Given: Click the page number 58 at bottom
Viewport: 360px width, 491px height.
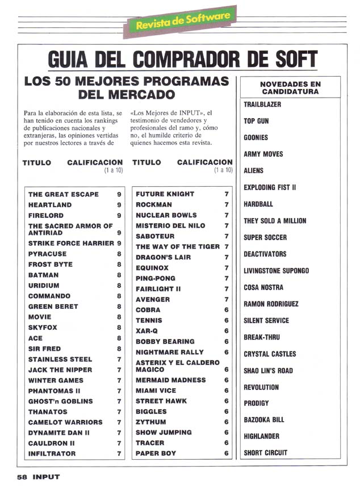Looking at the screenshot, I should pyautogui.click(x=22, y=477).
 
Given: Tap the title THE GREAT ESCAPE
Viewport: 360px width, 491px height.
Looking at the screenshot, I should pyautogui.click(x=63, y=194).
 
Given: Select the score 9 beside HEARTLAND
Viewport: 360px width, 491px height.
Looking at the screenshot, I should pyautogui.click(x=119, y=205).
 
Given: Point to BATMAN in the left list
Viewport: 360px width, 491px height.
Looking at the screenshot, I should pyautogui.click(x=43, y=275).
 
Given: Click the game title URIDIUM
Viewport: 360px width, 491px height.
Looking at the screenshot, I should pyautogui.click(x=44, y=286).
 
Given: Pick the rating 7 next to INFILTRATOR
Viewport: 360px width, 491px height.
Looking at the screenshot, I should pyautogui.click(x=119, y=454).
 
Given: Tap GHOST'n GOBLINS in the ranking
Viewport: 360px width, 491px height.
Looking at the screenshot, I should pyautogui.click(x=60, y=401).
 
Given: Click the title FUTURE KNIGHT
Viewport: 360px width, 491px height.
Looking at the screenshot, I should pyautogui.click(x=165, y=194).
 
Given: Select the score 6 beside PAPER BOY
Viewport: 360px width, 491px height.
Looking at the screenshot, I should pyautogui.click(x=226, y=454).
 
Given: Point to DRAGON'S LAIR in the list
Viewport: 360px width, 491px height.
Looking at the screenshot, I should pyautogui.click(x=164, y=257).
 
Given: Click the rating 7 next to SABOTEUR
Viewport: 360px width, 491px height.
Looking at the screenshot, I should pyautogui.click(x=226, y=236).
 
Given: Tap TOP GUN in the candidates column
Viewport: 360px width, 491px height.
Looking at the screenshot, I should pyautogui.click(x=256, y=121).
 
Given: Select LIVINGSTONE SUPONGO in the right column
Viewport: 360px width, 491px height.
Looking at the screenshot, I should pyautogui.click(x=276, y=271).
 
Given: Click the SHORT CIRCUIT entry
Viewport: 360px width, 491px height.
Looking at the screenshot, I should pyautogui.click(x=265, y=452).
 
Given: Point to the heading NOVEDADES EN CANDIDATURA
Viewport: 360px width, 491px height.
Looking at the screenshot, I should pyautogui.click(x=290, y=87).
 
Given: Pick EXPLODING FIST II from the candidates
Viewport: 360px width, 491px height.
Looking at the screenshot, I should pyautogui.click(x=270, y=187).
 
